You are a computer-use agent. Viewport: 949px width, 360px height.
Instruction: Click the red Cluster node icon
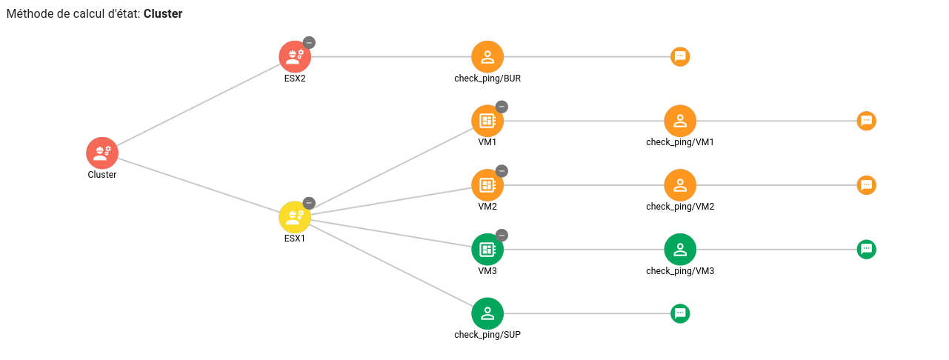point(102,153)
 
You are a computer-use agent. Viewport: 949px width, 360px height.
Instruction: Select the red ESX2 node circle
point(295,57)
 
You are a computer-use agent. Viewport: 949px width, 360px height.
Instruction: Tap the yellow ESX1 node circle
point(295,217)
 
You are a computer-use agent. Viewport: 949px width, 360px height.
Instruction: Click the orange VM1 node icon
point(487,121)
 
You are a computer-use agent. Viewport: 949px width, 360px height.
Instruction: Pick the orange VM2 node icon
point(487,185)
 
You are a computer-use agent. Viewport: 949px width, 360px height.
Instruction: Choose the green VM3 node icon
point(487,250)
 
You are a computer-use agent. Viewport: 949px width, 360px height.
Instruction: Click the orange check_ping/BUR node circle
point(487,57)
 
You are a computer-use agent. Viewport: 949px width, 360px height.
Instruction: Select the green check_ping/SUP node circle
point(487,314)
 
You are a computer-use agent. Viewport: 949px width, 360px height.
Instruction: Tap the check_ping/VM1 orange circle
point(680,121)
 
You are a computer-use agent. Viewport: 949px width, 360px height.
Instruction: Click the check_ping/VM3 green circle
point(680,250)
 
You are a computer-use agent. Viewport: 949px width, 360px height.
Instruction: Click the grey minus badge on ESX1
point(309,203)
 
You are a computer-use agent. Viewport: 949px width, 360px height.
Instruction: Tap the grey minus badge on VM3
point(502,235)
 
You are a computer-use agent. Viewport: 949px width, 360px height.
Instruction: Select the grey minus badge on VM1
point(502,107)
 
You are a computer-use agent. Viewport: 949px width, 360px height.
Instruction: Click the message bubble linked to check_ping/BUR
point(680,57)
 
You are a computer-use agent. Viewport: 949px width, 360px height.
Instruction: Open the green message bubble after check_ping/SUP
point(680,314)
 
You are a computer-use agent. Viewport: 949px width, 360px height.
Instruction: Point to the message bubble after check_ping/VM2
point(866,185)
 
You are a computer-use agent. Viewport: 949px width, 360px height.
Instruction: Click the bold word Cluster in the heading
point(163,14)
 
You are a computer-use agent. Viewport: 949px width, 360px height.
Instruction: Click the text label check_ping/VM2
point(680,206)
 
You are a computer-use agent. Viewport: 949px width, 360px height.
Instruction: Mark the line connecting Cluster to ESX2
point(199,105)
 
